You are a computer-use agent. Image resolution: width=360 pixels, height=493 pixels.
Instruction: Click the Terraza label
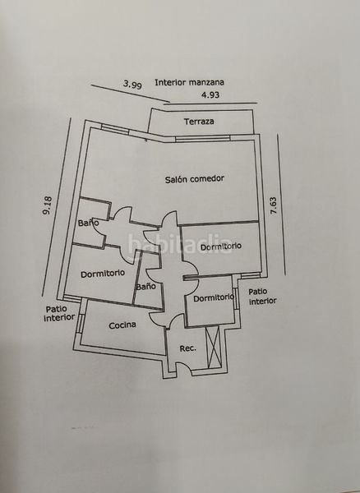199,122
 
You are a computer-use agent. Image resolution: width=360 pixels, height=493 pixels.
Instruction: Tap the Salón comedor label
195,179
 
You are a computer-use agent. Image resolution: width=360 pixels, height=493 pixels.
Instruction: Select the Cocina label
122,325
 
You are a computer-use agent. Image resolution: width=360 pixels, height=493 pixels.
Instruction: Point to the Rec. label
187,348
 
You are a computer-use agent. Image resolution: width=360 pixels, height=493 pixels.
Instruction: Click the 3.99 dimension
132,85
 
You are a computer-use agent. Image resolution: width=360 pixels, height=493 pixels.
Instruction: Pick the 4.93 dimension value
210,94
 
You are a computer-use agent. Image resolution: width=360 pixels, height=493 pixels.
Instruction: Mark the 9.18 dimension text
48,205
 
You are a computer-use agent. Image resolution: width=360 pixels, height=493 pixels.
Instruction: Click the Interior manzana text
189,82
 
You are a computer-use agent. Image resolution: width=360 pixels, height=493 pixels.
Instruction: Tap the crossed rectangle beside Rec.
213,347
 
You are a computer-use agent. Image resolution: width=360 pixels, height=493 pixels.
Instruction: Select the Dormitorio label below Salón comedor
221,246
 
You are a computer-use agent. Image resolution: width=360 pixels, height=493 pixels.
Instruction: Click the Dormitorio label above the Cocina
103,274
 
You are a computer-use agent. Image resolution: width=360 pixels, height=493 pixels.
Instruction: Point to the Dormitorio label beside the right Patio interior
214,297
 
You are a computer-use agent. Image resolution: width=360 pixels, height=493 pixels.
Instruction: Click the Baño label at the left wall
88,223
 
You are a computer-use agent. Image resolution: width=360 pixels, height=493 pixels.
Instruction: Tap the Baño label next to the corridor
145,287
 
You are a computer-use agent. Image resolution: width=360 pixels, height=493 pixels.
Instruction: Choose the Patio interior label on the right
262,297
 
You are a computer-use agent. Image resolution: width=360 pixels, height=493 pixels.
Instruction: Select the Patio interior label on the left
59,313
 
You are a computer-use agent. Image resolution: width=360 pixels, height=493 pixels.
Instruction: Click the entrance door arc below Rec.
184,366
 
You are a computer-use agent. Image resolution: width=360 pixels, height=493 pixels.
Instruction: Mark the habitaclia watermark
180,244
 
